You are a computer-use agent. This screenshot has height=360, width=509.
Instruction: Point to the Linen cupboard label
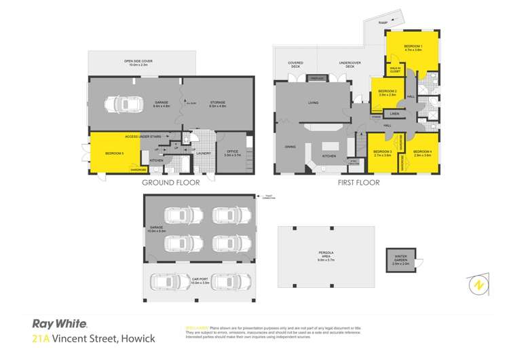click(x=394, y=113)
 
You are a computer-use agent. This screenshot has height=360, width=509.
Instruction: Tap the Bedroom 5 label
click(x=113, y=154)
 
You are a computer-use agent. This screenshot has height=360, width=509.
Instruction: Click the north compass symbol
click(x=478, y=284)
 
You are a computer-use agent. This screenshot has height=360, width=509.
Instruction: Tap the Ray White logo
click(x=60, y=324)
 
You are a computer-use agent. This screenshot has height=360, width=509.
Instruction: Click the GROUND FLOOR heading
click(x=165, y=183)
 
